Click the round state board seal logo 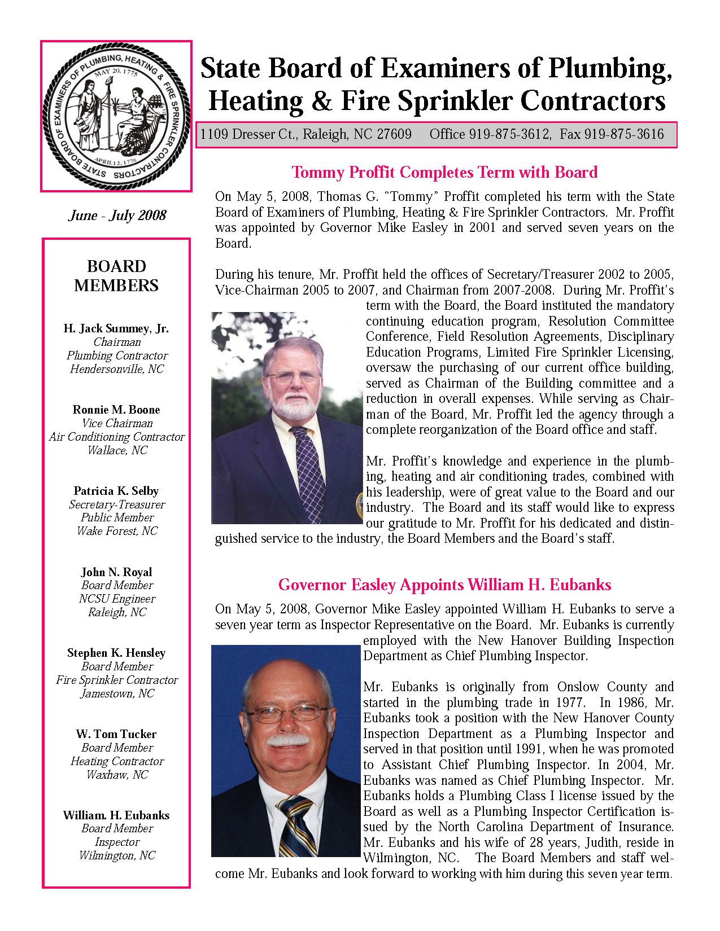pyautogui.click(x=116, y=116)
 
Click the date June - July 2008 pyautogui.click(x=117, y=216)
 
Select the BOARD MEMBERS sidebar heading pyautogui.click(x=116, y=275)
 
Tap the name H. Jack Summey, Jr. pyautogui.click(x=116, y=328)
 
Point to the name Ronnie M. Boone pyautogui.click(x=116, y=410)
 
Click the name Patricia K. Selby pyautogui.click(x=116, y=491)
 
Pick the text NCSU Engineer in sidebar pyautogui.click(x=117, y=599)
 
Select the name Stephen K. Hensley pyautogui.click(x=116, y=653)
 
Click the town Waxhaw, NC pyautogui.click(x=117, y=775)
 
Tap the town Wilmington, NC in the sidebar pyautogui.click(x=117, y=855)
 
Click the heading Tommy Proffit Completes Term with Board pyautogui.click(x=444, y=172)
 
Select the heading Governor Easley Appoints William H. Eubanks pyautogui.click(x=444, y=585)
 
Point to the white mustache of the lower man pyautogui.click(x=287, y=740)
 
